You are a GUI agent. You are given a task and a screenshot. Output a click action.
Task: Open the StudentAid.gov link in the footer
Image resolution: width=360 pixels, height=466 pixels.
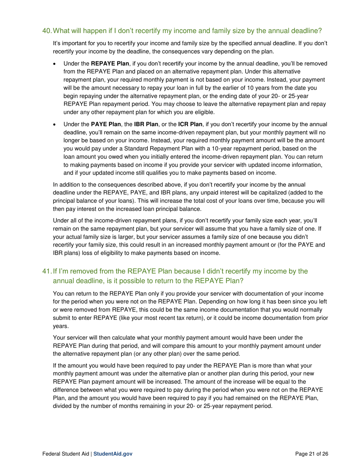tap(113, 453)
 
